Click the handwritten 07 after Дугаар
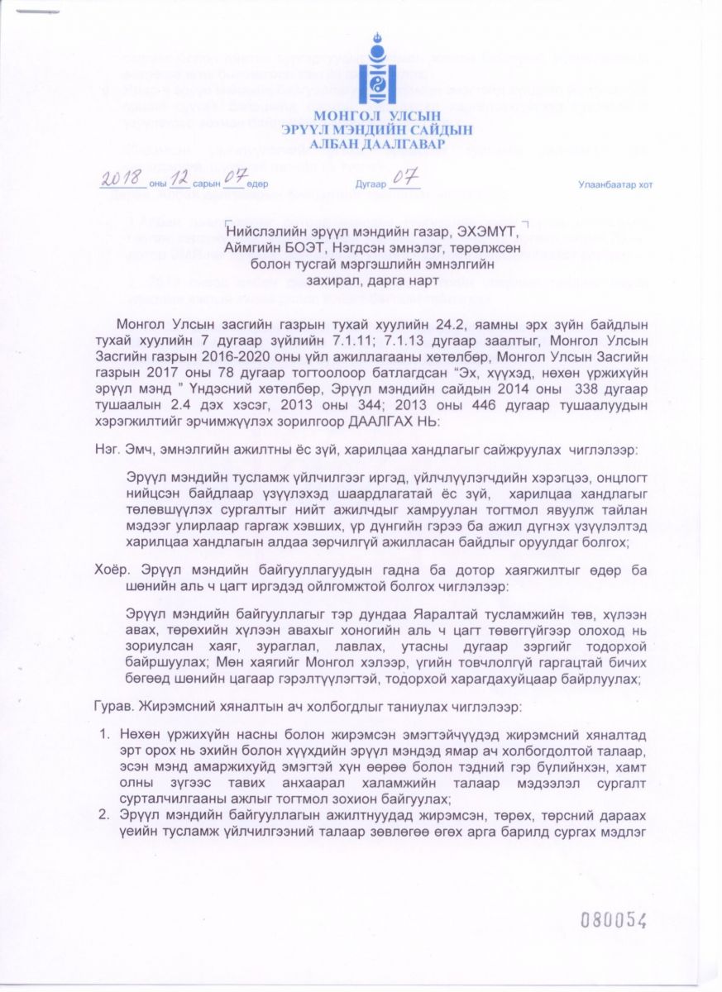pos(404,178)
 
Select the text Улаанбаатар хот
pos(615,185)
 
